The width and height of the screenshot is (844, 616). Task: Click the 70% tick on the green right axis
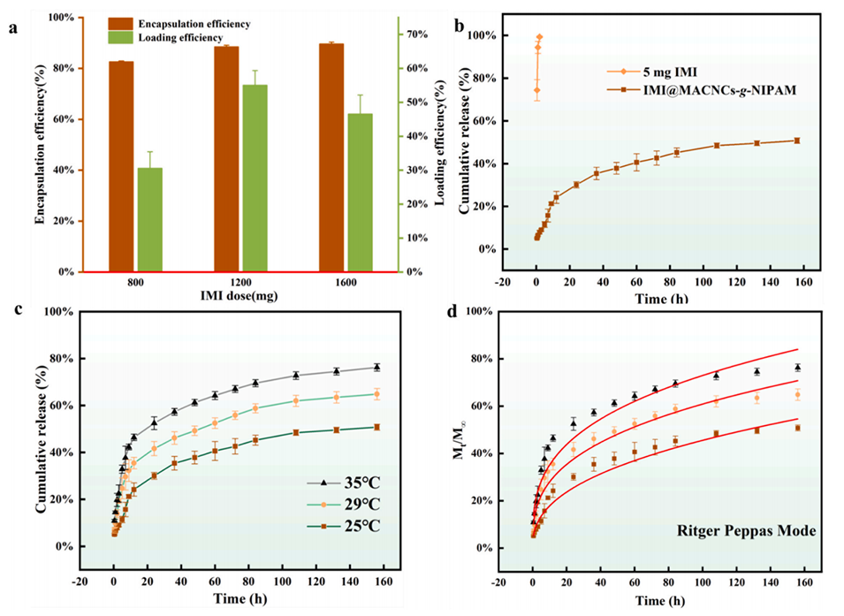click(x=416, y=34)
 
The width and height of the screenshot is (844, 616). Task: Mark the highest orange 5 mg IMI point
click(x=539, y=37)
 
